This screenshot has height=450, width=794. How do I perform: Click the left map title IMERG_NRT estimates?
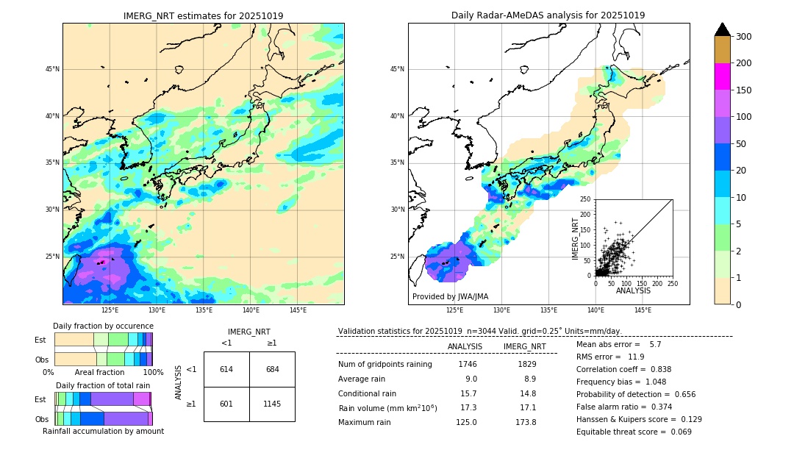click(x=203, y=15)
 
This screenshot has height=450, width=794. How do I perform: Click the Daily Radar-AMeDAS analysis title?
click(x=548, y=15)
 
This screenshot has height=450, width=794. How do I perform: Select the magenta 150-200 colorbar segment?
click(x=723, y=76)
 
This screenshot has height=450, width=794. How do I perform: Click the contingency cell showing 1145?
click(x=272, y=404)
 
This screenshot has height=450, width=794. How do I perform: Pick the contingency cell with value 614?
click(x=226, y=369)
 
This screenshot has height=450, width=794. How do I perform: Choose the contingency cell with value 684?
click(x=272, y=369)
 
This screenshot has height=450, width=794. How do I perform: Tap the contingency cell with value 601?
click(x=226, y=404)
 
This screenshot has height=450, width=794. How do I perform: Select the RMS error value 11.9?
click(x=637, y=357)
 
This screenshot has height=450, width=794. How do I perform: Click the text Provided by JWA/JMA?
click(x=450, y=297)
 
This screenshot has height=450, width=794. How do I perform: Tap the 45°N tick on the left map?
click(x=51, y=69)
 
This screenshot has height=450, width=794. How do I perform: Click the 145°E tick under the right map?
click(x=643, y=310)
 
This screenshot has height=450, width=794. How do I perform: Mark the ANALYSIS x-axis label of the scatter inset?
click(x=633, y=290)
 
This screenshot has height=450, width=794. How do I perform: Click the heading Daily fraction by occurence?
click(x=103, y=326)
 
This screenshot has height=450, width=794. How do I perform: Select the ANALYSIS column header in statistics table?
click(x=465, y=346)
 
